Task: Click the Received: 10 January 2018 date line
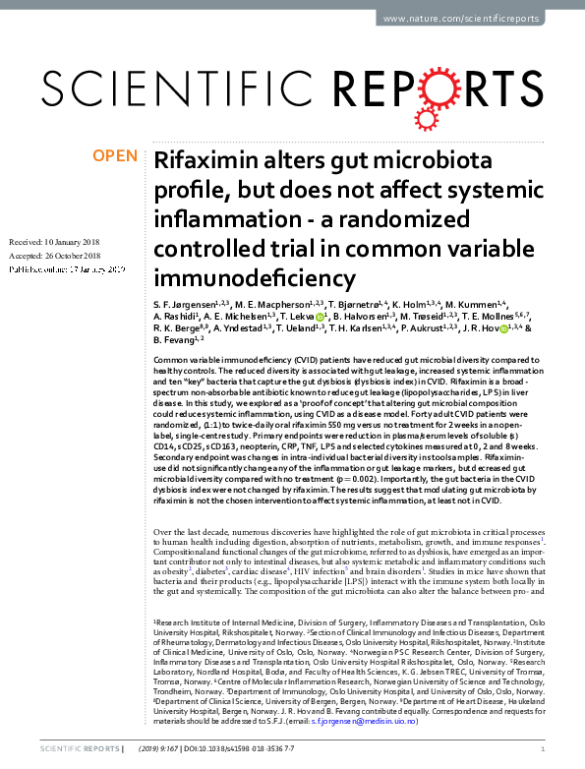tap(61, 241)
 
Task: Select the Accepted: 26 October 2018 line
tap(61, 255)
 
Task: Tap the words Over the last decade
tap(196, 531)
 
